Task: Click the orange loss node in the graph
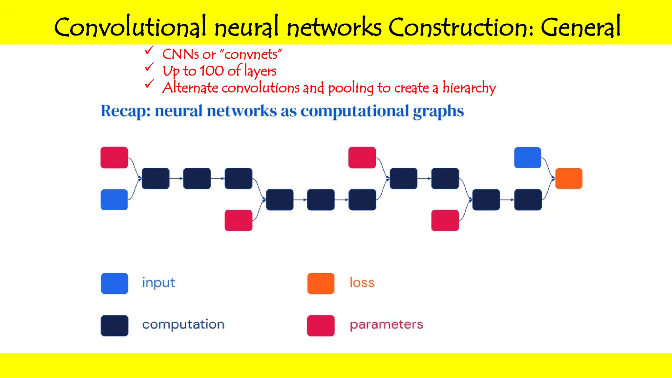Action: pyautogui.click(x=569, y=178)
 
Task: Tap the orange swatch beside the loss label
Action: pyautogui.click(x=321, y=283)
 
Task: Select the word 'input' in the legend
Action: pyautogui.click(x=158, y=283)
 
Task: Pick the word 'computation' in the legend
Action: pyautogui.click(x=183, y=325)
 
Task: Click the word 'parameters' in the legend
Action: pyautogui.click(x=386, y=325)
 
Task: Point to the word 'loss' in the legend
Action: pyautogui.click(x=362, y=283)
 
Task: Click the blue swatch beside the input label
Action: pyautogui.click(x=115, y=283)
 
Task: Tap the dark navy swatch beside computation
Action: pyautogui.click(x=115, y=325)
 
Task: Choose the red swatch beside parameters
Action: pyautogui.click(x=321, y=325)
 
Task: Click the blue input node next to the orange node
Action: pyautogui.click(x=527, y=157)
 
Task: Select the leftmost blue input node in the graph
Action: pyautogui.click(x=114, y=199)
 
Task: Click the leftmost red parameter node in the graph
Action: pyautogui.click(x=114, y=157)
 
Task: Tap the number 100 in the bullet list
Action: pyautogui.click(x=212, y=71)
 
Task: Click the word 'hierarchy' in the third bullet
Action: pyautogui.click(x=469, y=88)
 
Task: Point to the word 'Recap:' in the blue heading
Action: pyautogui.click(x=125, y=111)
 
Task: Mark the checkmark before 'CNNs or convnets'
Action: pyautogui.click(x=149, y=51)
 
